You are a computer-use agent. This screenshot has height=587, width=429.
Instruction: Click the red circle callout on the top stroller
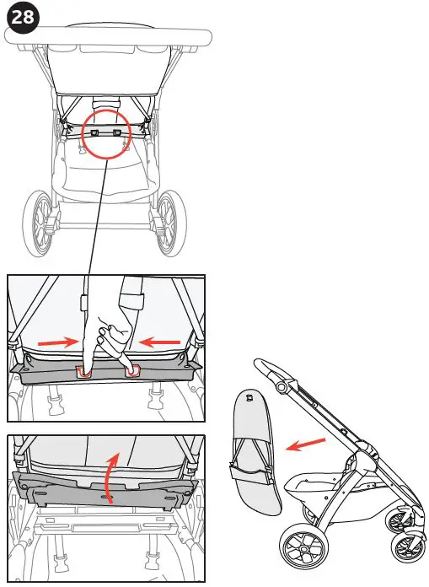pos(107,133)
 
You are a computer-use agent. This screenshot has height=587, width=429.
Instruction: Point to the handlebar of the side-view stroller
pos(270,369)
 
